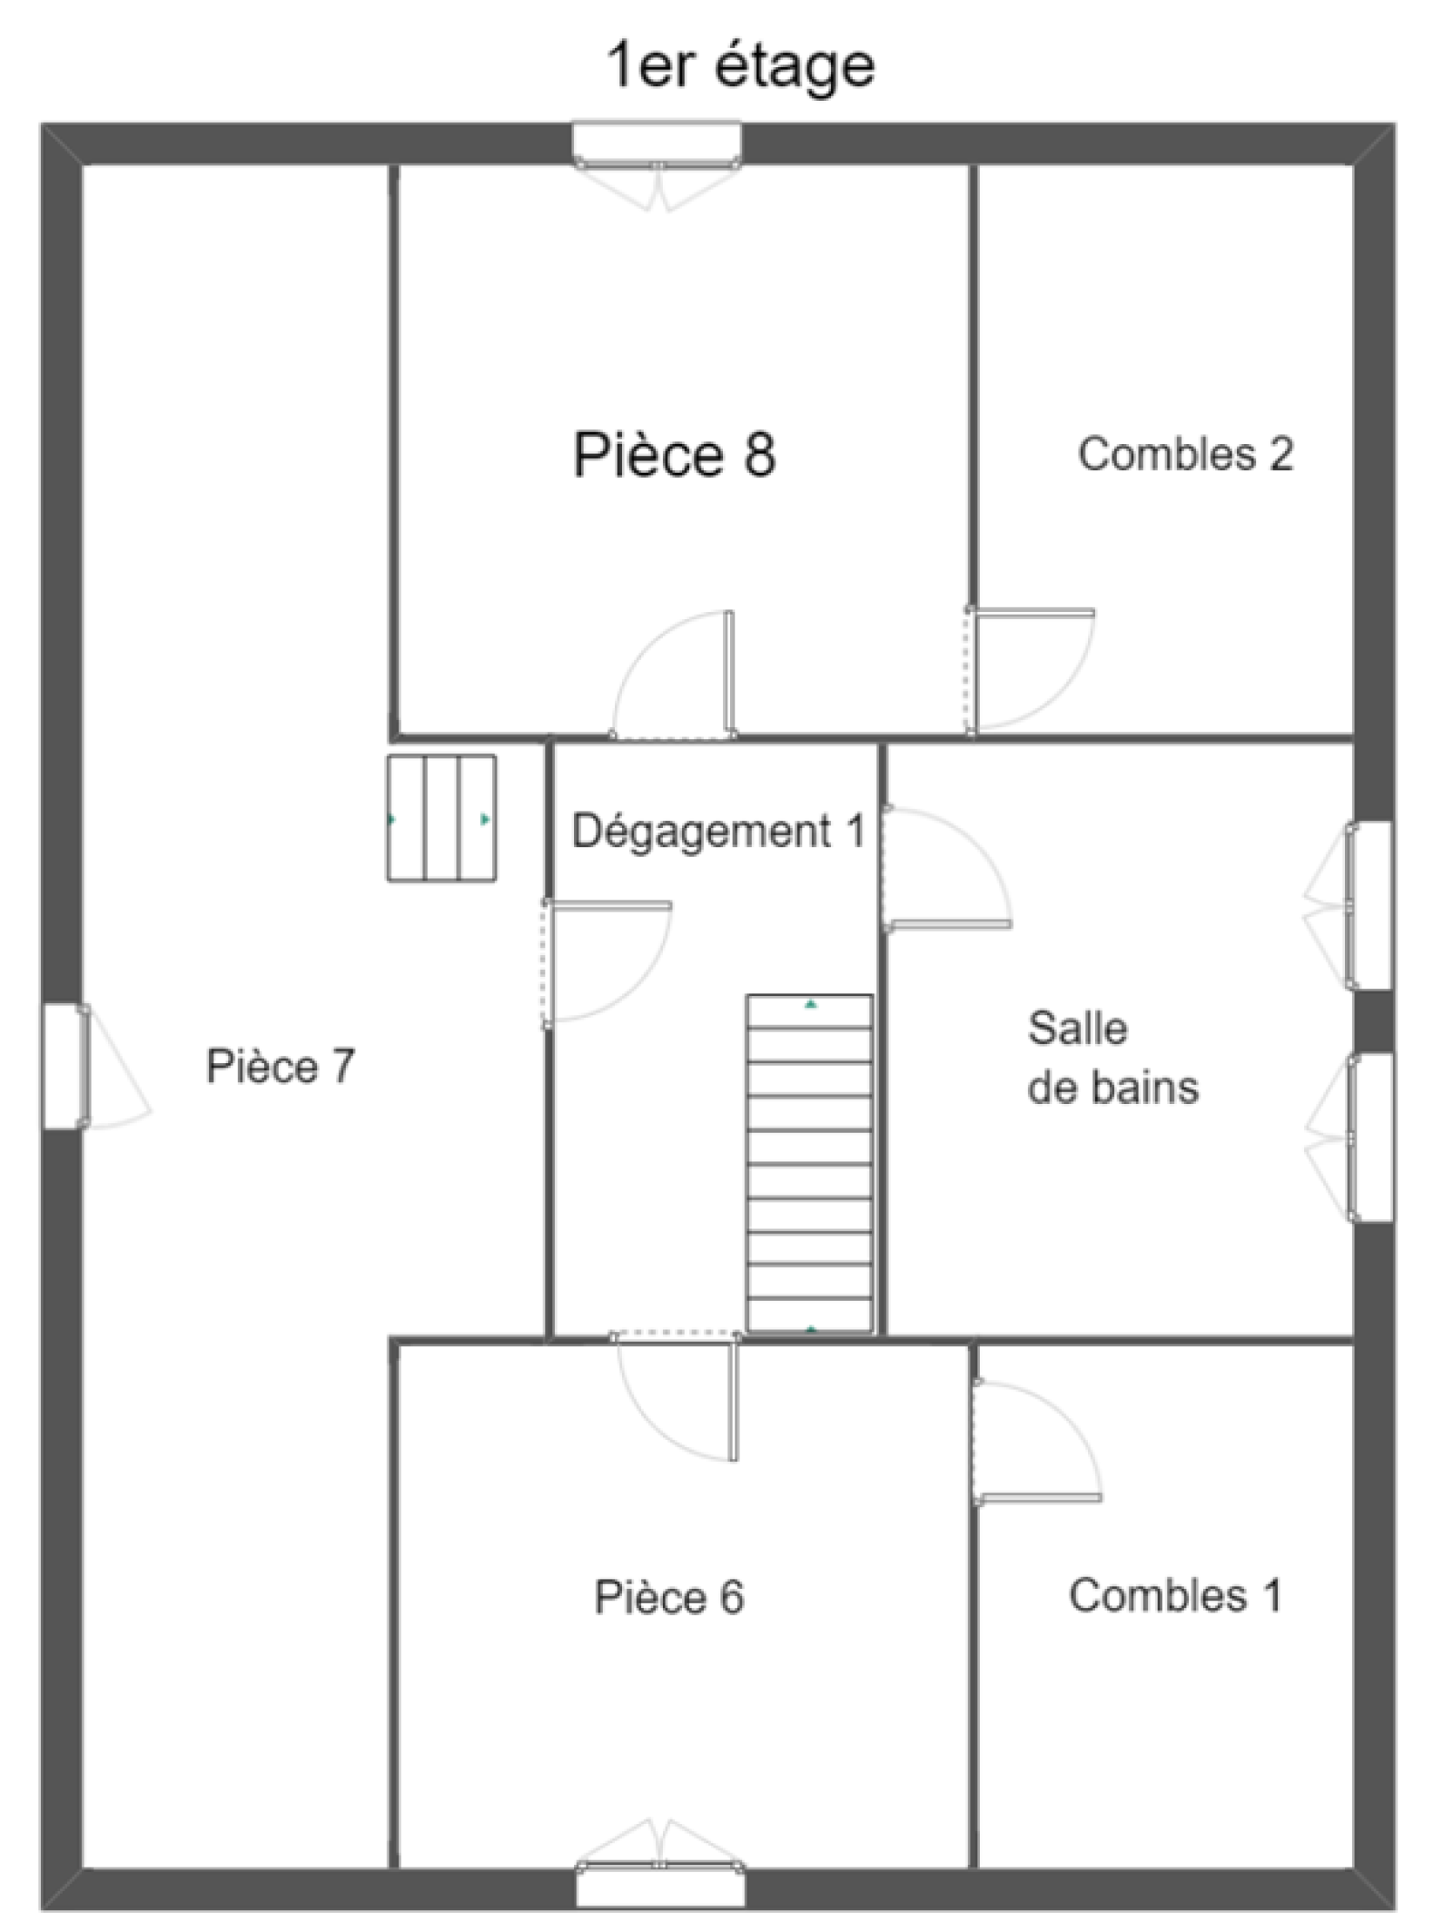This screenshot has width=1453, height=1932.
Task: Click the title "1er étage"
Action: pyautogui.click(x=741, y=66)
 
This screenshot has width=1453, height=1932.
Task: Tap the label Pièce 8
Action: pyautogui.click(x=674, y=454)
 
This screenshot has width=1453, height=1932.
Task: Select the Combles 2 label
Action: pyautogui.click(x=1185, y=453)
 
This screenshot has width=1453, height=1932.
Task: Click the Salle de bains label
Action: pyautogui.click(x=1112, y=1058)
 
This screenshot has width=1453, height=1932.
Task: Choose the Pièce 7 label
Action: pyautogui.click(x=280, y=1066)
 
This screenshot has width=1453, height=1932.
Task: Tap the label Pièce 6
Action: pyautogui.click(x=668, y=1597)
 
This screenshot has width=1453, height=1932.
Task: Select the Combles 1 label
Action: pyautogui.click(x=1175, y=1595)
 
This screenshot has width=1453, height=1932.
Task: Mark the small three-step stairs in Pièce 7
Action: pyautogui.click(x=441, y=818)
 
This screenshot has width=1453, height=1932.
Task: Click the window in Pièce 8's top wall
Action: pyautogui.click(x=657, y=167)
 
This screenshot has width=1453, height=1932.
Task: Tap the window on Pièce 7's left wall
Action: pyautogui.click(x=94, y=1066)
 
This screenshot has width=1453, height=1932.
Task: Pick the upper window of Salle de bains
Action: pyautogui.click(x=1348, y=905)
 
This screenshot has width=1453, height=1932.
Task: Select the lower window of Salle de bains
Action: pyautogui.click(x=1349, y=1137)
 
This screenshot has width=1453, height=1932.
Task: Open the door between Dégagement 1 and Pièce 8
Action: pyautogui.click(x=673, y=675)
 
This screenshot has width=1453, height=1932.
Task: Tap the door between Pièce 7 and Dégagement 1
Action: pyautogui.click(x=607, y=964)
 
